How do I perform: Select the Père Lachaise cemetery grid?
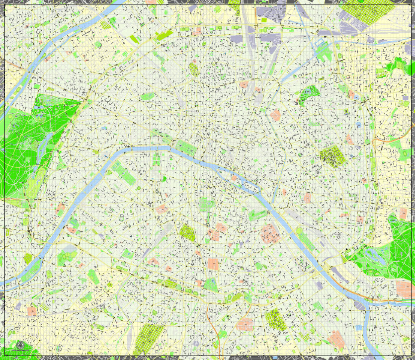click(331, 155)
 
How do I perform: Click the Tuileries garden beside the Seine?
click(184, 147)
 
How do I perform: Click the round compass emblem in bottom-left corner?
click(20, 345)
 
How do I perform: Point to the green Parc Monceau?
click(148, 96)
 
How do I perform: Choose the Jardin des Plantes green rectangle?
click(257, 215)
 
